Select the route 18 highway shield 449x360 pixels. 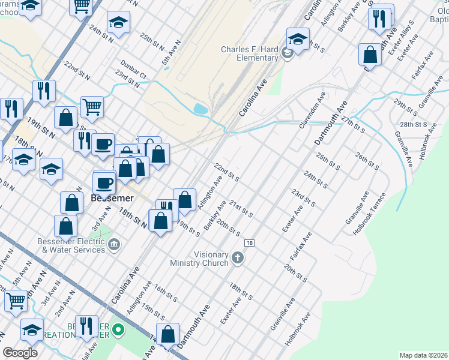click(x=249, y=242)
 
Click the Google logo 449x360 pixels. click(x=20, y=352)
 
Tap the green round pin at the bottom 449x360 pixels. click(x=119, y=329)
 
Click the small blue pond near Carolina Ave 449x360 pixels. click(x=201, y=109)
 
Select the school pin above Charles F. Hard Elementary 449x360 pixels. click(x=297, y=39)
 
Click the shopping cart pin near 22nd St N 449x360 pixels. click(x=92, y=107)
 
